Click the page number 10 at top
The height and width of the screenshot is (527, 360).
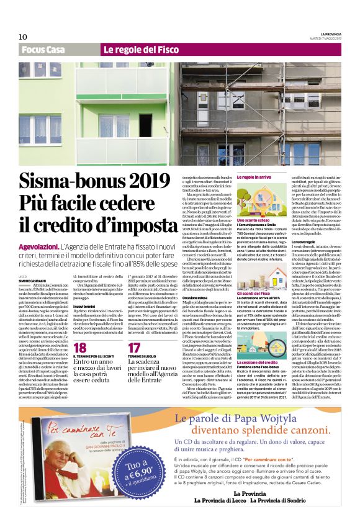22,37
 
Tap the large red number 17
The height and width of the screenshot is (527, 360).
134,348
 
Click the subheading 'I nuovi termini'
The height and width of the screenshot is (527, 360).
84,306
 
